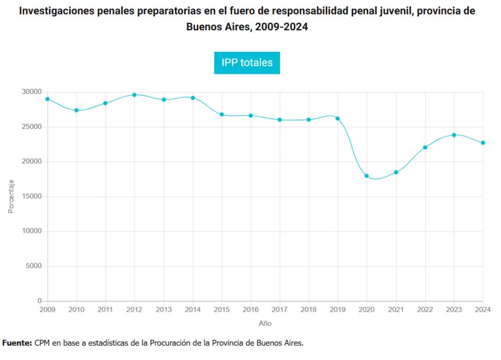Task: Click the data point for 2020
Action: pyautogui.click(x=367, y=175)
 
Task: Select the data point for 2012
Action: pyautogui.click(x=134, y=95)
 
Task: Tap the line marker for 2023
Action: pyautogui.click(x=454, y=135)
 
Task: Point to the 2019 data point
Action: pyautogui.click(x=338, y=118)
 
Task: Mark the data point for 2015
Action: pyautogui.click(x=221, y=114)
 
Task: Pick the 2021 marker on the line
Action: pyautogui.click(x=396, y=172)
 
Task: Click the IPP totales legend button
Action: pyautogui.click(x=247, y=63)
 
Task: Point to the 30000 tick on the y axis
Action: pyautogui.click(x=31, y=92)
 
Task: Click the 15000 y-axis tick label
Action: pyautogui.click(x=31, y=196)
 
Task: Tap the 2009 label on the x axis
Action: pyautogui.click(x=47, y=310)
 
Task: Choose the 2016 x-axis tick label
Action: pyautogui.click(x=250, y=310)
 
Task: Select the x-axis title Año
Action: pyautogui.click(x=265, y=323)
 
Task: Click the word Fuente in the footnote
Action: pyautogui.click(x=17, y=343)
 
